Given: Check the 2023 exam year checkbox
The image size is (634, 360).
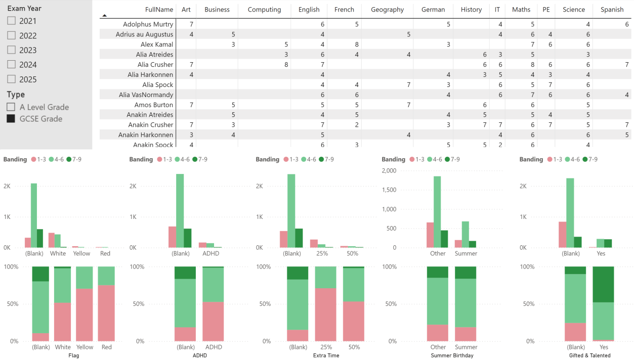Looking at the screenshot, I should [11, 50].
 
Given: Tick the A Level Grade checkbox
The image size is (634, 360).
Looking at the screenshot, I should [11, 107].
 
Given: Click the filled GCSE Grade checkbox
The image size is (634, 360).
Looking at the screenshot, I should [11, 119].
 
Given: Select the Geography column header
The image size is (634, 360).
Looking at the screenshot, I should [387, 10].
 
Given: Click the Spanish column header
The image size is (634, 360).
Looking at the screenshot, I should [612, 10].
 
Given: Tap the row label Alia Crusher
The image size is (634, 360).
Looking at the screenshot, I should [155, 65].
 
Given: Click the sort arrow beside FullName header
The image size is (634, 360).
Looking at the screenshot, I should [104, 16].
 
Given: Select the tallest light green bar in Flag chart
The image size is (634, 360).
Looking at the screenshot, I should [34, 215].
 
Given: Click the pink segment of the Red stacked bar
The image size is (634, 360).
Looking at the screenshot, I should [106, 313].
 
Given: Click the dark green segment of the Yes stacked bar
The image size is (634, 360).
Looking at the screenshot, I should [603, 284].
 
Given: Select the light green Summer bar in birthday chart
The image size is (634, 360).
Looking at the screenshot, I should [466, 234].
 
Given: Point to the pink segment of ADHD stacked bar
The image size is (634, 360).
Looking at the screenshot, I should [213, 322].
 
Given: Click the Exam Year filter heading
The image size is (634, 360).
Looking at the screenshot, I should [24, 9].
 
